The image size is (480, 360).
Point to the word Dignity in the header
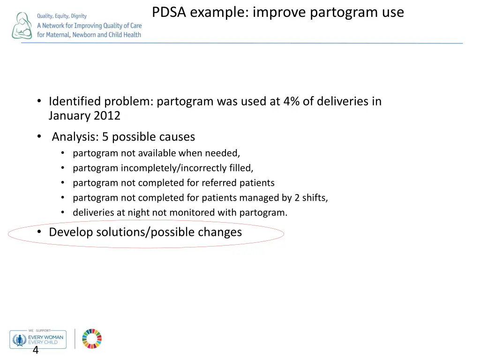coord(79,16)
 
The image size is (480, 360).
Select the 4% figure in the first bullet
coord(292,101)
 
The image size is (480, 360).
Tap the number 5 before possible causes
coord(105,137)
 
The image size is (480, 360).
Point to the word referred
coord(219,183)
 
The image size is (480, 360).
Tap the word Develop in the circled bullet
coord(71,232)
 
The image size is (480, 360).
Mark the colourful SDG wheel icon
coord(92,338)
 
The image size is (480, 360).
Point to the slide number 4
coord(35,351)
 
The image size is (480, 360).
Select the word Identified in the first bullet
coord(75,101)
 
